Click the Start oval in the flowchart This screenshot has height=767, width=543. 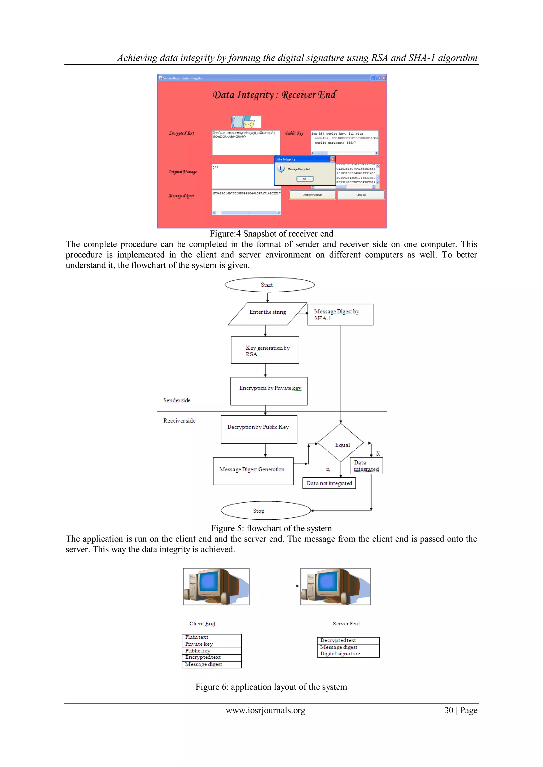(x=269, y=285)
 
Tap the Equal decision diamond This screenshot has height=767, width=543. (x=341, y=443)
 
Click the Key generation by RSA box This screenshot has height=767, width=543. (x=265, y=350)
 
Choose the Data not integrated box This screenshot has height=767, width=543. (x=329, y=483)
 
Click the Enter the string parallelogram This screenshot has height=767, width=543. (x=267, y=314)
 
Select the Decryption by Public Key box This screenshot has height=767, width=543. (x=259, y=429)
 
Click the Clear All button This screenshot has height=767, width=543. (x=361, y=195)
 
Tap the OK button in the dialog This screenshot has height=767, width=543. (x=305, y=179)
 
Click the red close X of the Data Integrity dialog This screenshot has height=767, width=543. (x=332, y=159)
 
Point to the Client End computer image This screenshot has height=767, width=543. (x=216, y=587)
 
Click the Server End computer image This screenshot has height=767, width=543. (x=335, y=587)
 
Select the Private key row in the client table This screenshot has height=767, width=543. (x=211, y=644)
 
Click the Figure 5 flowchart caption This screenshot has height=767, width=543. (x=271, y=528)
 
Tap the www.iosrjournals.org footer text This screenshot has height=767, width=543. (x=265, y=710)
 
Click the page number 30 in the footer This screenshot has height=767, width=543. (x=449, y=710)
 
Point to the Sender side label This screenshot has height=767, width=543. (x=177, y=400)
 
